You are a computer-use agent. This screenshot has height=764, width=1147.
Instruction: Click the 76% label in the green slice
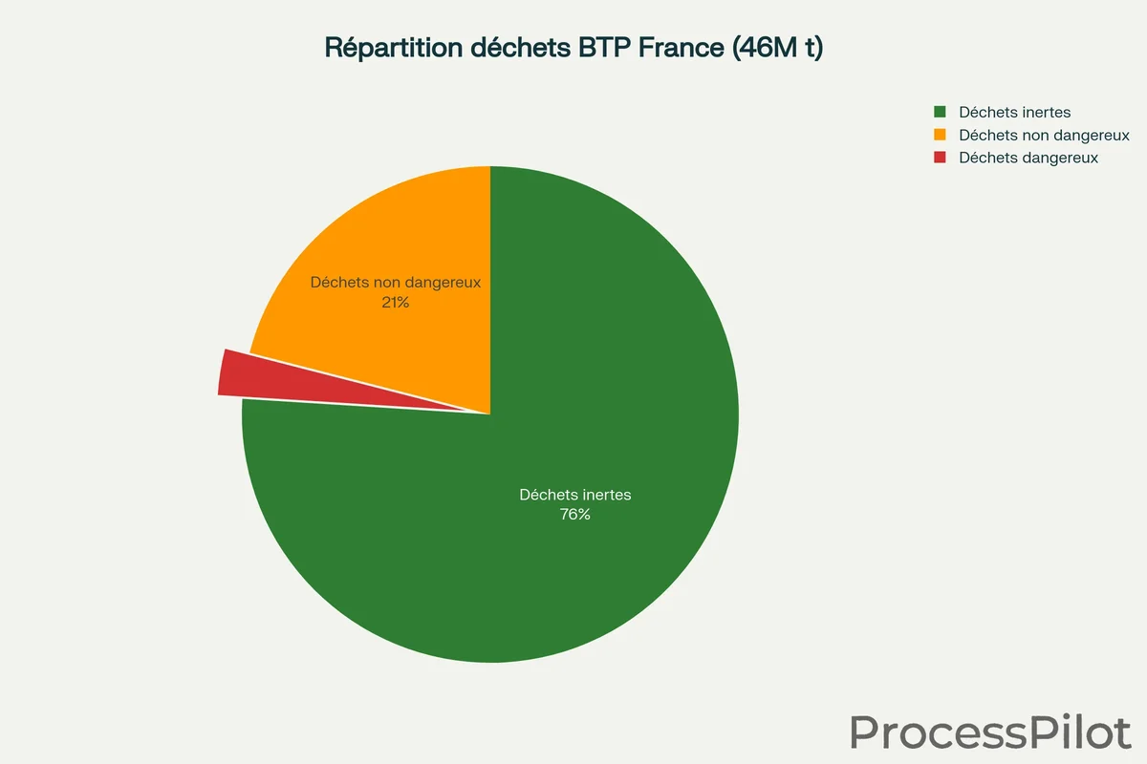point(575,515)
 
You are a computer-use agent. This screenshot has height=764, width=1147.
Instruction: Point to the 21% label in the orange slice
point(395,303)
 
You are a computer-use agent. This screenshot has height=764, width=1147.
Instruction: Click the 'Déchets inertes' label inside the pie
point(575,495)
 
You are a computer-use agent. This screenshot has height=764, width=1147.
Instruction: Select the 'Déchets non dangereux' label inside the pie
point(395,283)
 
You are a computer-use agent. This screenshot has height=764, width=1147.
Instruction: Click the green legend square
point(940,113)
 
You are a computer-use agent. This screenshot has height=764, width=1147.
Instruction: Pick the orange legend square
point(940,136)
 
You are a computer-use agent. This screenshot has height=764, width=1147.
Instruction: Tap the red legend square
point(940,158)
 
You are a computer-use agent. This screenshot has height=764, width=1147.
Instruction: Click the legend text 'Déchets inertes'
point(1015,113)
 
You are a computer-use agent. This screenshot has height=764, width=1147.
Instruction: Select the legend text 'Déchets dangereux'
point(1028,158)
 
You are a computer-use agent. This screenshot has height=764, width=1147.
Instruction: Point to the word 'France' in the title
point(677,49)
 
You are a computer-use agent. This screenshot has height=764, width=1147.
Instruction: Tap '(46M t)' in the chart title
point(776,49)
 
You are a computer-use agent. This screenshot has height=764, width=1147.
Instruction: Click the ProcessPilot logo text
point(990,732)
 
